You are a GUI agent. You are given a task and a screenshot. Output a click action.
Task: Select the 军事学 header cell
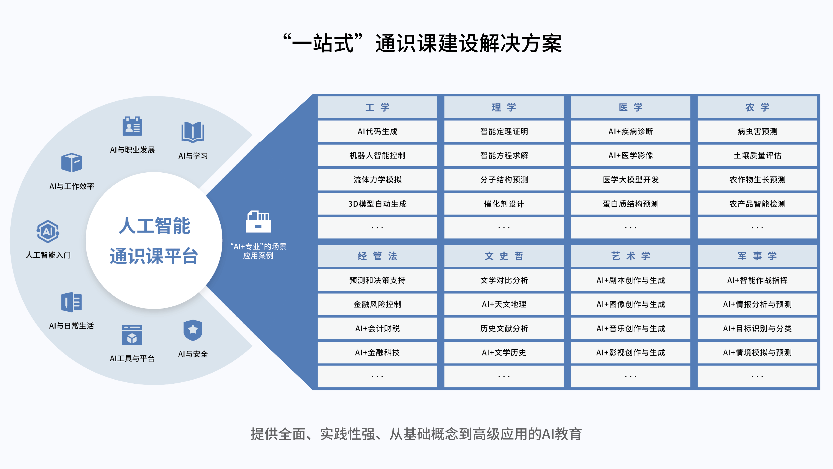[757, 256]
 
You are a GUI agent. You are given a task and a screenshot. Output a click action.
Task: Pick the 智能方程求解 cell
[504, 155]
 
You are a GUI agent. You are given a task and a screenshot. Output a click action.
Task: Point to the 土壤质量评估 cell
[757, 155]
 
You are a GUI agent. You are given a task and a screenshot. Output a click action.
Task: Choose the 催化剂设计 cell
[504, 204]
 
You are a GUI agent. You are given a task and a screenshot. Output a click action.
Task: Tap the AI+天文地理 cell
[504, 304]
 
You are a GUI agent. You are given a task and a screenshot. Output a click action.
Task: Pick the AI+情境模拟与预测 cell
[757, 352]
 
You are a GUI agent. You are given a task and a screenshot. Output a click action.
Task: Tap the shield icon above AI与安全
[193, 330]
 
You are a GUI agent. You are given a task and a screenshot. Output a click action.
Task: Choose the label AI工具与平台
[132, 358]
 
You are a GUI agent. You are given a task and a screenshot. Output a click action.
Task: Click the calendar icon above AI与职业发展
[132, 126]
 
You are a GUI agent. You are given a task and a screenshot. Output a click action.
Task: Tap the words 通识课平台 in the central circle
[154, 256]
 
